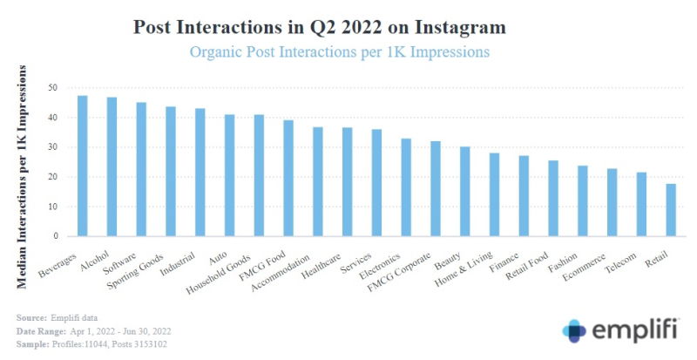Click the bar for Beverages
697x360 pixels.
[83, 166]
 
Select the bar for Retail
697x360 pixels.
[671, 209]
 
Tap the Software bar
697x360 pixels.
[141, 169]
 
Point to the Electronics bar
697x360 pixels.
[406, 187]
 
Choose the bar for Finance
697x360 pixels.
[524, 195]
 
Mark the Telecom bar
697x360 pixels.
[641, 204]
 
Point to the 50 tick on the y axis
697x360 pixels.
[53, 88]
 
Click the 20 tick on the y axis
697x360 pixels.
[53, 177]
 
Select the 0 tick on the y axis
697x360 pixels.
[56, 236]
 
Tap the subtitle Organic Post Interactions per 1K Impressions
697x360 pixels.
[340, 51]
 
